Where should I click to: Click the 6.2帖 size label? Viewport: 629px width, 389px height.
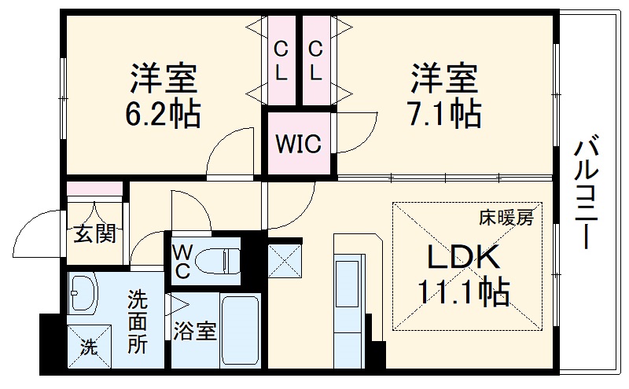tap(163, 113)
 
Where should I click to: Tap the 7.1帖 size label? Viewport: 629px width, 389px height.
tap(444, 113)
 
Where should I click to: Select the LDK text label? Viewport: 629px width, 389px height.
tap(463, 257)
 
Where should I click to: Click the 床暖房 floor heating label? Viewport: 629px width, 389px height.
tap(506, 218)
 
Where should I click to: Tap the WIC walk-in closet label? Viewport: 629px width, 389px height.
tap(299, 143)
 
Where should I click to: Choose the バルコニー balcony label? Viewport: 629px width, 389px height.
tap(586, 195)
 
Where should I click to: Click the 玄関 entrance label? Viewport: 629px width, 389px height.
tap(94, 233)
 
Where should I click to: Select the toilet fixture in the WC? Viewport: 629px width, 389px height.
tap(217, 261)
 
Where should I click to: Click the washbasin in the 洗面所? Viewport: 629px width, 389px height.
tap(83, 292)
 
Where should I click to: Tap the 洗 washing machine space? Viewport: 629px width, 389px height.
tap(89, 346)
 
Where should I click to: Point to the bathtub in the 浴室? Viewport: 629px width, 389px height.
tap(240, 330)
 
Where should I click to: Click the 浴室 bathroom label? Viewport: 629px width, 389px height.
tap(194, 332)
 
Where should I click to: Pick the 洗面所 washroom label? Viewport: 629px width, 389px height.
tap(138, 322)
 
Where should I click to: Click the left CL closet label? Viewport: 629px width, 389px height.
tap(281, 61)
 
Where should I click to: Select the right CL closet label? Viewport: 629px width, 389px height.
tap(316, 61)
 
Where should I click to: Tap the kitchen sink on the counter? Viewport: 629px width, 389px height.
tap(347, 284)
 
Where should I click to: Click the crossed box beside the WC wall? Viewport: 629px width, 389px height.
tap(285, 261)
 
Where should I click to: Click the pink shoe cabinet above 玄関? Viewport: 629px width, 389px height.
tap(94, 189)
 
